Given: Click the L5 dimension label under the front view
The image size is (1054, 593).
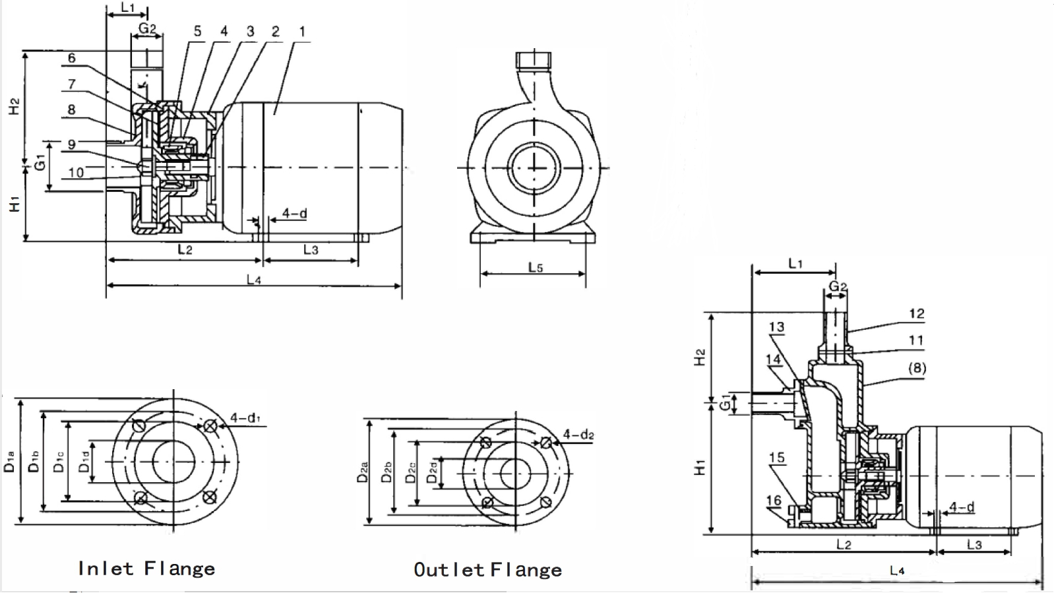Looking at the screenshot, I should point(535,267).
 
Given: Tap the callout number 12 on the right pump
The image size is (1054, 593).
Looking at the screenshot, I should point(916,314).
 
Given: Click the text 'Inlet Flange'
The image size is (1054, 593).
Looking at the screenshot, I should point(146,569).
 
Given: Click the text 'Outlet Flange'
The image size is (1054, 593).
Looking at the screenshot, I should point(487,570).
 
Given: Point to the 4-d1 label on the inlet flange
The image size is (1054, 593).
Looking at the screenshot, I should point(245,418).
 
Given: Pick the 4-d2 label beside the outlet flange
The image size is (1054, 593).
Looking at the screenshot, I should point(578,435).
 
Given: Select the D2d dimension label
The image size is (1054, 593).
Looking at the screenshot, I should point(432,472).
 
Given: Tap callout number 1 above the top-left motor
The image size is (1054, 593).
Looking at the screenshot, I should point(302,31).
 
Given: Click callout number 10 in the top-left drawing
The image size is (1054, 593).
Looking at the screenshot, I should point(76,172).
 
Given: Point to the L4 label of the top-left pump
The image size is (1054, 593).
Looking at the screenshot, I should point(254,280).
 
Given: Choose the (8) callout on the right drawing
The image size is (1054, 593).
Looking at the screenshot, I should point(917,368).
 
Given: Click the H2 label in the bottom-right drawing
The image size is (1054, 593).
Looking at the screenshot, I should point(700,357).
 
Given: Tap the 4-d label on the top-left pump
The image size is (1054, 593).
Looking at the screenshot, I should point(294,213).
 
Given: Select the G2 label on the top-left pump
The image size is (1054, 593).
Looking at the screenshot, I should point(147,28).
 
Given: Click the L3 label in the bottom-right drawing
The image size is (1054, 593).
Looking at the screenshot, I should point(974,544).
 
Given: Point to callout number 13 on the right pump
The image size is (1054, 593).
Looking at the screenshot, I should point(776,327).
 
